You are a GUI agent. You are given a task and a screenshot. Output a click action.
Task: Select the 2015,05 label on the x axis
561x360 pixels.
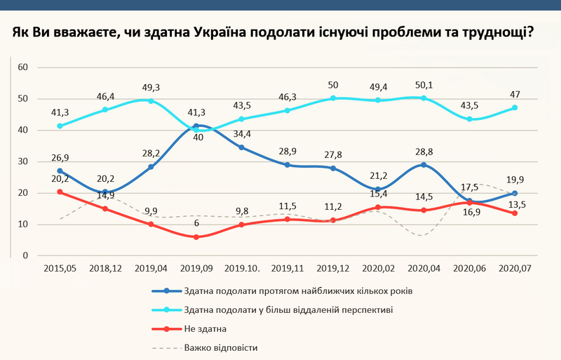(59, 268)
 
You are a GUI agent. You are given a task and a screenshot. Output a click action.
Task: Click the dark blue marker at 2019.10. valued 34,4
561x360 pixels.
(242, 147)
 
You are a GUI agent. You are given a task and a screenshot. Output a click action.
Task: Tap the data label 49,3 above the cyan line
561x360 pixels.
(150, 88)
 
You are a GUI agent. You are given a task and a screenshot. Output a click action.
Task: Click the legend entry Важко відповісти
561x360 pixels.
(222, 347)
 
